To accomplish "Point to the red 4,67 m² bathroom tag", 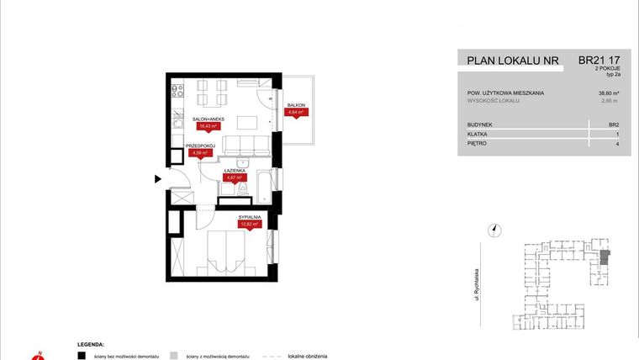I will coord(234,177).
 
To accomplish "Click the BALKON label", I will coord(295,105).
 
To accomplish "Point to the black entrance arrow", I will coord(157,178).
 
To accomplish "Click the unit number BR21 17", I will coord(599,61).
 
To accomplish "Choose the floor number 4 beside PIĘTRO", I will coord(617,144).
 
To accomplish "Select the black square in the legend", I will coord(82,356).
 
